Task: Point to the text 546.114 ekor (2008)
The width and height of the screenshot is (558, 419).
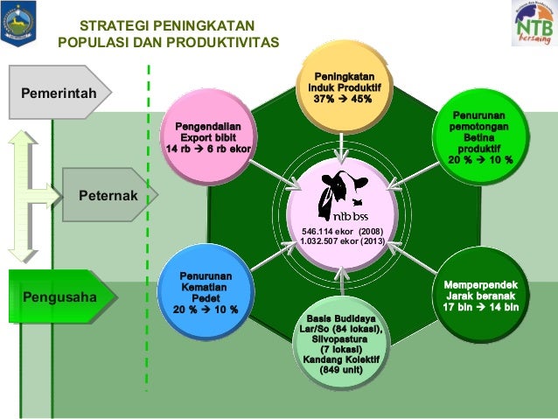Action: tap(341, 230)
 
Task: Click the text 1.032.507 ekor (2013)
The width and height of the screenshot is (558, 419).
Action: tap(341, 241)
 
